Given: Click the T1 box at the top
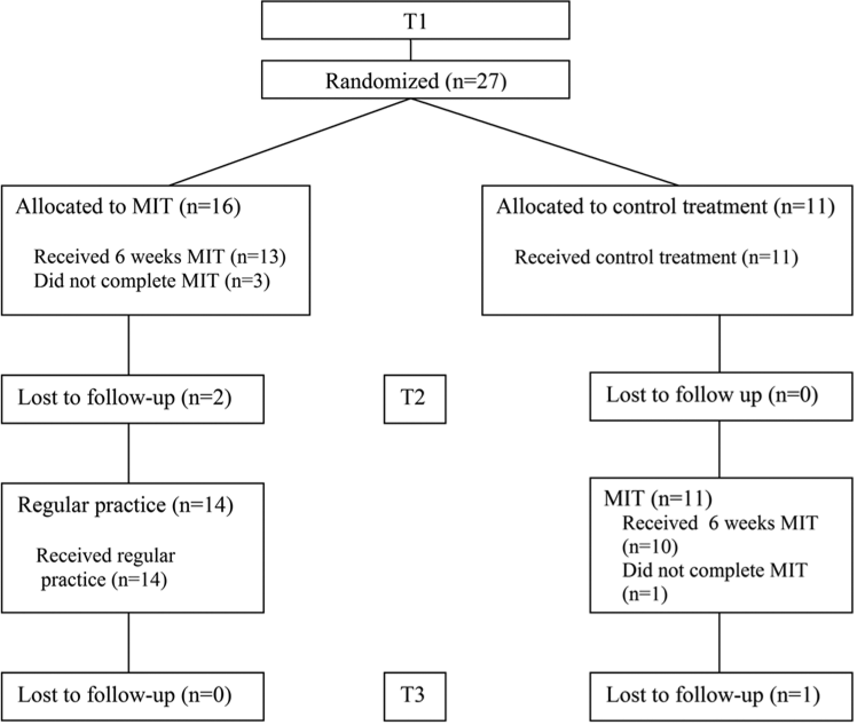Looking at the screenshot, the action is pyautogui.click(x=416, y=20).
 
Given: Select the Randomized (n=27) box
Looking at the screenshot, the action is pyautogui.click(x=416, y=80).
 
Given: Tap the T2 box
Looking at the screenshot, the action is pyautogui.click(x=415, y=399).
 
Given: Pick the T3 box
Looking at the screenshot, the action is pyautogui.click(x=415, y=697).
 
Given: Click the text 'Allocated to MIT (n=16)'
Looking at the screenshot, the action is pyautogui.click(x=128, y=207).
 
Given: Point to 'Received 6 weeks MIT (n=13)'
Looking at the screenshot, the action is pyautogui.click(x=160, y=257).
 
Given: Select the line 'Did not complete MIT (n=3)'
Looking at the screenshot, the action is pyautogui.click(x=152, y=281).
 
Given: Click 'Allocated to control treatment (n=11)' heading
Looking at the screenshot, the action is pyautogui.click(x=666, y=207).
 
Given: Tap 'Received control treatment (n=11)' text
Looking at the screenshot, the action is pyautogui.click(x=656, y=258).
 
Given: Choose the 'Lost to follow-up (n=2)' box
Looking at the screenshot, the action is pyautogui.click(x=133, y=399).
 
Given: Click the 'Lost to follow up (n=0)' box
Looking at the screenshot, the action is pyautogui.click(x=721, y=396).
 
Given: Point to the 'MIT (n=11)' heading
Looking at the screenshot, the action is pyautogui.click(x=658, y=499).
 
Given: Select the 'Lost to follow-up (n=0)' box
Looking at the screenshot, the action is pyautogui.click(x=133, y=697).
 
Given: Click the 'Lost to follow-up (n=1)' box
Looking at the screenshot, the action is pyautogui.click(x=721, y=697).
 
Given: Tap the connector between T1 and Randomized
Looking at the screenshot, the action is pyautogui.click(x=411, y=50).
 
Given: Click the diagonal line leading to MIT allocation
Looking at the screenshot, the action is pyautogui.click(x=290, y=142).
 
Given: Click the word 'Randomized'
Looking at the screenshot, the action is pyautogui.click(x=382, y=81).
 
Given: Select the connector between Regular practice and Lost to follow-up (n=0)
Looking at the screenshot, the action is pyautogui.click(x=128, y=642).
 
